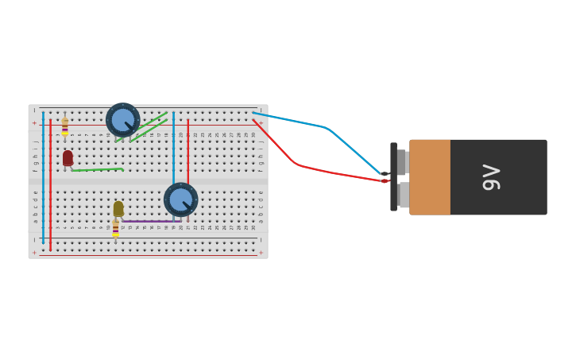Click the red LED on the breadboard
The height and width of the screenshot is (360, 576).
[68, 158]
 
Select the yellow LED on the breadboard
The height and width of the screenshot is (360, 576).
[118, 208]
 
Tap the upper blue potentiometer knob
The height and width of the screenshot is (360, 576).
[122, 119]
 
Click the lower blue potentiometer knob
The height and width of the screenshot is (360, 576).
[180, 199]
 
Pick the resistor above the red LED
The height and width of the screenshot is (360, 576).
[65, 127]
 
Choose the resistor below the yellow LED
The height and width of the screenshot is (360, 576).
[115, 229]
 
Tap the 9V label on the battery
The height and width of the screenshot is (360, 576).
[491, 177]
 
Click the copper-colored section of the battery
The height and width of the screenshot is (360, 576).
[430, 177]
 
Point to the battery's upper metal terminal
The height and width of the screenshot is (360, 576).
[402, 161]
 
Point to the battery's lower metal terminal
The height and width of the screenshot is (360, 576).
[404, 195]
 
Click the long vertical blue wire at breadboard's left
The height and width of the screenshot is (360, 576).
[43, 179]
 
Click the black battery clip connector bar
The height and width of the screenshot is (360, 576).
[393, 177]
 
